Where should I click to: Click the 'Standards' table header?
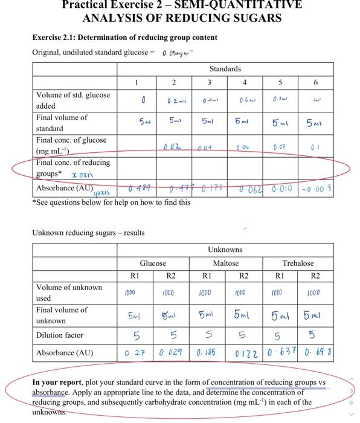point(225,69)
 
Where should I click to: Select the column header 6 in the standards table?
point(315,82)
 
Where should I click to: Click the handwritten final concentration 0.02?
point(172,146)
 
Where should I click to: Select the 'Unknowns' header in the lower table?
point(225,250)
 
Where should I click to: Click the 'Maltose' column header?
point(225,263)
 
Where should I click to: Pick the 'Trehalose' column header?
point(298,263)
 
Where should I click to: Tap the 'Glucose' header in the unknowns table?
point(153,263)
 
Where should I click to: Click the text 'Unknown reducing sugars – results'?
point(88,233)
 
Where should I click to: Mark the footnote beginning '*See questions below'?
point(111,203)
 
